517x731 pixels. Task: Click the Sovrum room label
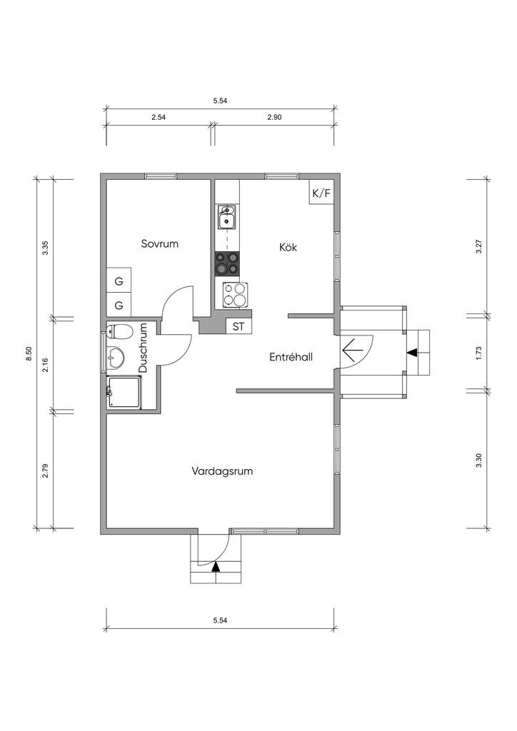pos(159,243)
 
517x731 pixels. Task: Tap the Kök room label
pos(288,246)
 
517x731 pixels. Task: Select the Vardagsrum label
pos(222,471)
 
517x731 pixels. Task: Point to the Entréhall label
pos(291,357)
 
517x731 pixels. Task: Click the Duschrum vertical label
pos(143,348)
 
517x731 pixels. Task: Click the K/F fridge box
pos(321,193)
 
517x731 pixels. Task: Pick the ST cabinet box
pos(239,326)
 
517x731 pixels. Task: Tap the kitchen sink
pos(227,218)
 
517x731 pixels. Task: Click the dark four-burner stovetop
pos(227,263)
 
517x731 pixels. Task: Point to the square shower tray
pos(123,393)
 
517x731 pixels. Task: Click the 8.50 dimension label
pos(29,354)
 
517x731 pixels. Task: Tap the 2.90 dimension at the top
pos(275,117)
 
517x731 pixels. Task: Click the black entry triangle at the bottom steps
pos(216,567)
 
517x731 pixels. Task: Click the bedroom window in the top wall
pos(161,176)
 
